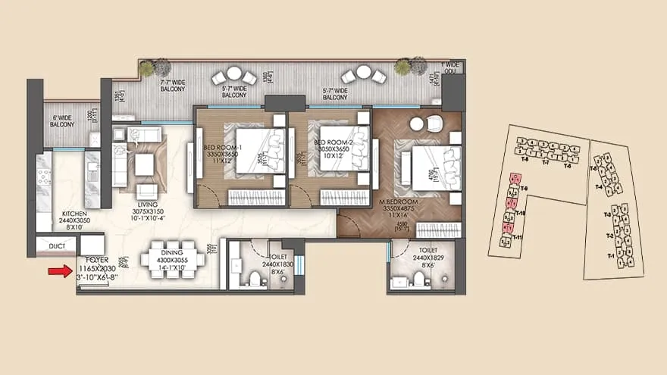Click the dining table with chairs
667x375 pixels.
coord(174,260)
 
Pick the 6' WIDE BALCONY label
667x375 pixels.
coord(62,120)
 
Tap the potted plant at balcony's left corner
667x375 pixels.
coord(146,69)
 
